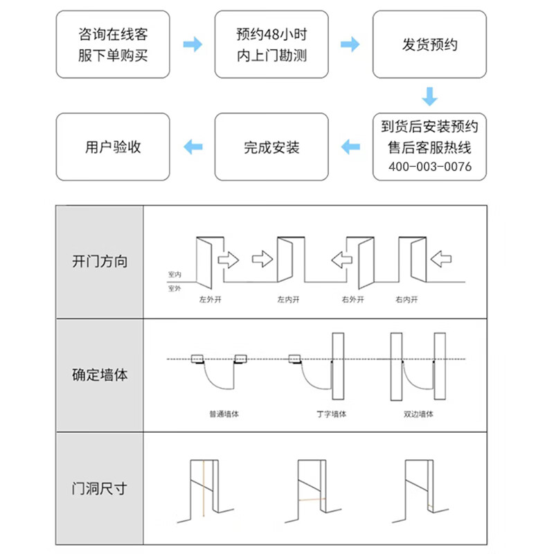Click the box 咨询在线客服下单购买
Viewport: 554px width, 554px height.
point(113,44)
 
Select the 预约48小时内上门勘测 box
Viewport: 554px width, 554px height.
point(271,44)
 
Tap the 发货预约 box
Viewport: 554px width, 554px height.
point(430,44)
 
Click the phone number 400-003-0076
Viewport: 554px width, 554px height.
point(430,167)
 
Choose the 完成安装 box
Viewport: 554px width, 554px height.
point(271,147)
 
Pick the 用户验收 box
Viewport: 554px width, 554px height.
point(113,147)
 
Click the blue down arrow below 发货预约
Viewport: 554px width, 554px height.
point(430,96)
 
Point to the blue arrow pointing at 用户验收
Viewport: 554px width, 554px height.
point(193,147)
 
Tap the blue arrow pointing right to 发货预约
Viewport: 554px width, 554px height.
point(351,44)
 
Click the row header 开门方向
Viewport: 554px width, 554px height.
point(100,262)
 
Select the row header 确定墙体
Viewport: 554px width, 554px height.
point(100,375)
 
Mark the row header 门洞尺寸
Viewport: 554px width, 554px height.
point(100,488)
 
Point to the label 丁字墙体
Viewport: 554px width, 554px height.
point(331,414)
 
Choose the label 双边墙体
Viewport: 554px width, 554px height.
point(418,414)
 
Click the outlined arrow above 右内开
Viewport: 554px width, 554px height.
point(441,260)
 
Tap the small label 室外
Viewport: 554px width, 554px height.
point(175,288)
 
